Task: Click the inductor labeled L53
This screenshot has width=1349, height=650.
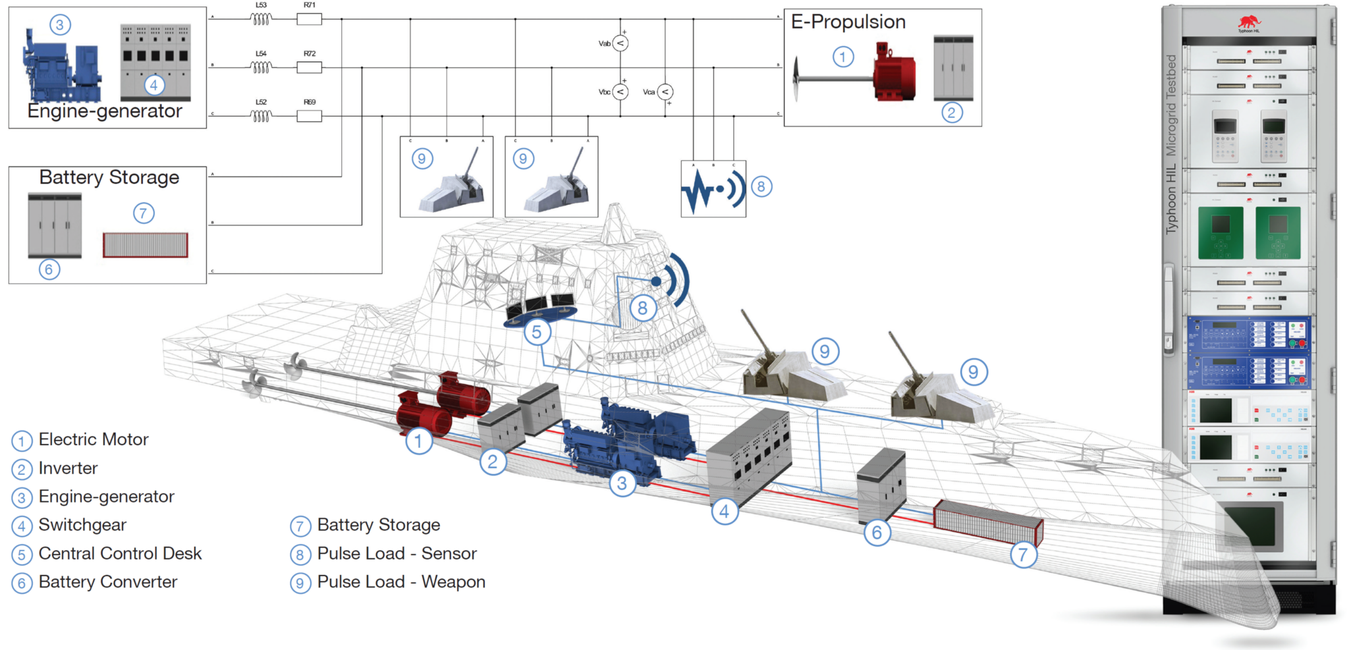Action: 261,19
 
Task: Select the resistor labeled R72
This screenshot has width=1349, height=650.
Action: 309,67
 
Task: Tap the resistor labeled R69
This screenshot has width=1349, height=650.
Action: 309,116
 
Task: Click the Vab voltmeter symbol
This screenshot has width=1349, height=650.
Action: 620,43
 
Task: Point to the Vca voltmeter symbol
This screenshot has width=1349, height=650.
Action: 665,92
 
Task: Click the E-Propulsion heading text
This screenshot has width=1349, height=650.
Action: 848,22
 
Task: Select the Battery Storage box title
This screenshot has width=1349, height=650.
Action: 109,177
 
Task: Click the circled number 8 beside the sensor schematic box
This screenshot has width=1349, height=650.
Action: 761,187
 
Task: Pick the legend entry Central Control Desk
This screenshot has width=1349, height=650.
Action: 120,553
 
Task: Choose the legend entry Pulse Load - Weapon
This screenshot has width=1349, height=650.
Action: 400,582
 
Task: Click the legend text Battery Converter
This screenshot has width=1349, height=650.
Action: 108,582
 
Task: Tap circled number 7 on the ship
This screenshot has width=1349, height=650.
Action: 1023,555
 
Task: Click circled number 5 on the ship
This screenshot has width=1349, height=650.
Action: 537,333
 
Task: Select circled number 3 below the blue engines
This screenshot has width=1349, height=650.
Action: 622,483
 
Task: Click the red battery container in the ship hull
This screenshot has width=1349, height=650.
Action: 987,522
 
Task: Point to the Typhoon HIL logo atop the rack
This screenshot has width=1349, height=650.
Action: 1248,24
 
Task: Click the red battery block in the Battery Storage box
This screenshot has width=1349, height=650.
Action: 146,245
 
